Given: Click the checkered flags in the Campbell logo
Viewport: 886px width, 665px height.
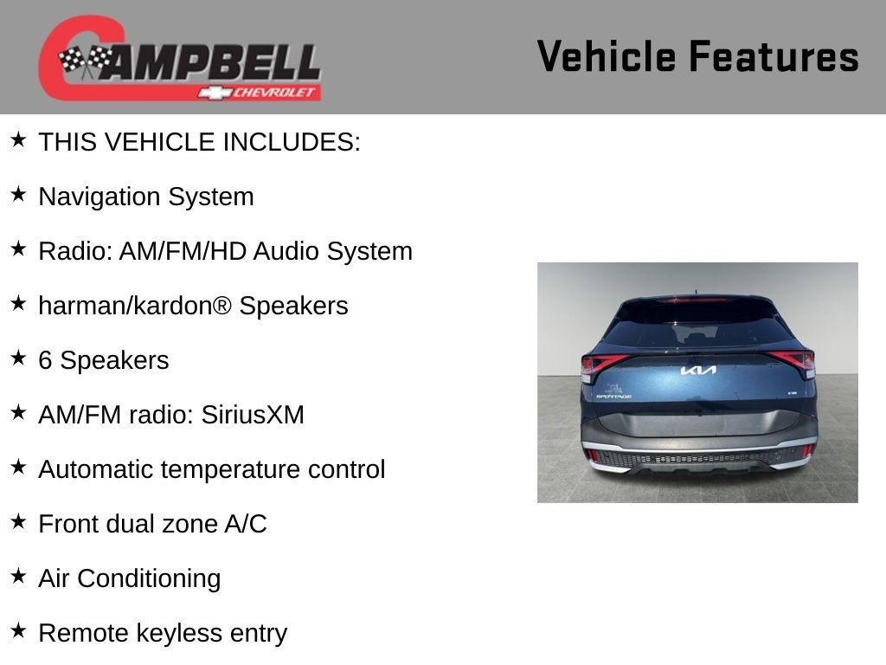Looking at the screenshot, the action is click(x=86, y=61).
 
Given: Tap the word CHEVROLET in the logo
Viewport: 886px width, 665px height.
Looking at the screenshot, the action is click(x=273, y=92).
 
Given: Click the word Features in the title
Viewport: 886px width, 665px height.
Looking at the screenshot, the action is click(x=774, y=56).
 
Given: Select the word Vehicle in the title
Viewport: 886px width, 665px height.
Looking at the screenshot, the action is click(x=607, y=56).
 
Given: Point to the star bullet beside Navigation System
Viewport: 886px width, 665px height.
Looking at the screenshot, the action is click(x=18, y=194).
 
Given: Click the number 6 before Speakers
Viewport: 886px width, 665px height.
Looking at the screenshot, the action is click(x=45, y=361).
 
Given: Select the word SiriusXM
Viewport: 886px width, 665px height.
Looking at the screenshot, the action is click(x=253, y=415).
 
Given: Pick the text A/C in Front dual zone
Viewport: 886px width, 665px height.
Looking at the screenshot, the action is click(x=246, y=524).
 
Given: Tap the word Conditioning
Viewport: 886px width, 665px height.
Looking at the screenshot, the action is click(x=149, y=579).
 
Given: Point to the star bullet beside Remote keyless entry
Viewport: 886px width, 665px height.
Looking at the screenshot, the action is click(x=18, y=630).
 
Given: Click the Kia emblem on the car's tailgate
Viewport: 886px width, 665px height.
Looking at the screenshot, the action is click(x=698, y=371).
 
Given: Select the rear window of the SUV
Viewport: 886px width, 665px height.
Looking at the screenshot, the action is click(x=697, y=328).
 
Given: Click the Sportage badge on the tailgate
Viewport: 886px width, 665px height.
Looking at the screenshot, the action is click(x=613, y=397).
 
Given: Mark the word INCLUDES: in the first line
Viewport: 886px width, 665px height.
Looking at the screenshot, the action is click(x=292, y=142).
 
